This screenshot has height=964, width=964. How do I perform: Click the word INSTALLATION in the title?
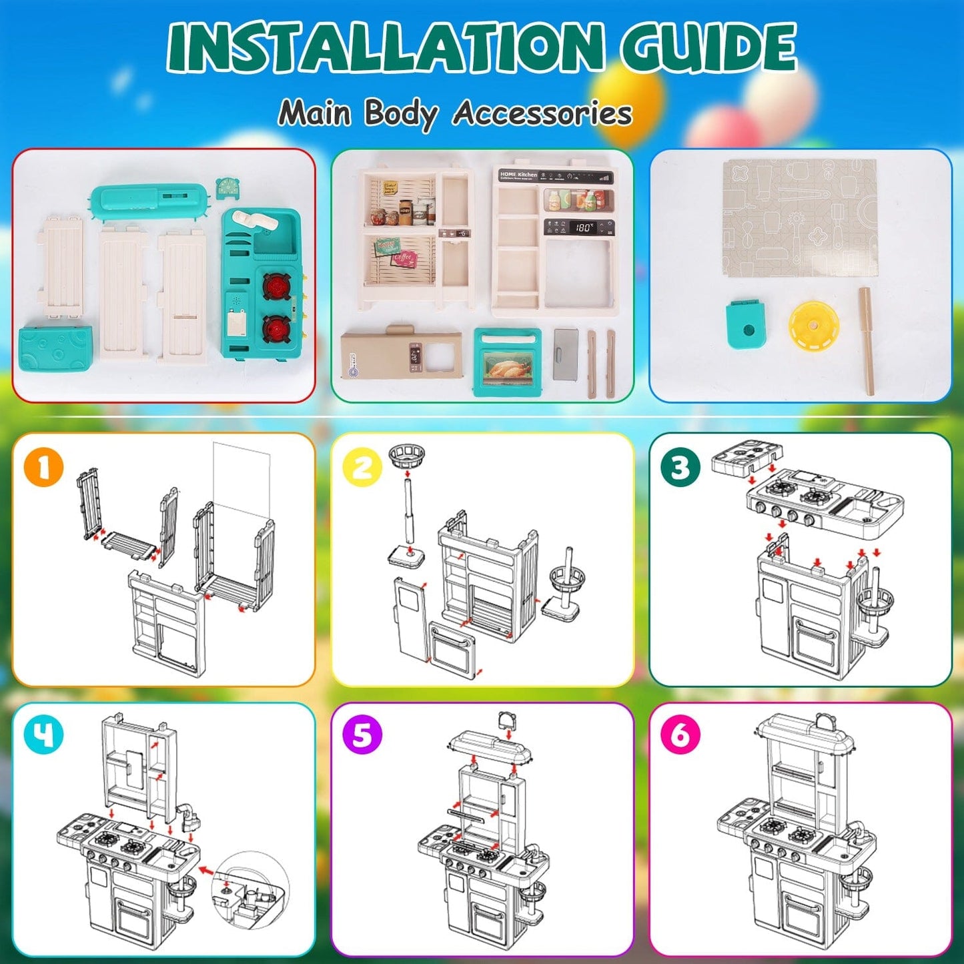point(385,48)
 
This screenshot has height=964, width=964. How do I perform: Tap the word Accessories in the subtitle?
point(542,113)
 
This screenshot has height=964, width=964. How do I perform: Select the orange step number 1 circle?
point(43,467)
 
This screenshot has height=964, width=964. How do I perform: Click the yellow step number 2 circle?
point(362,467)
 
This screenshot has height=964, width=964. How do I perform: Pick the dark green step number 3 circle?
point(680,467)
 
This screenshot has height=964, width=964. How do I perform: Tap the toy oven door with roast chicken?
point(507,363)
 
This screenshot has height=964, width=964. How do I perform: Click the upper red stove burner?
point(274,286)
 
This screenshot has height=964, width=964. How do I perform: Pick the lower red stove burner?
point(274,329)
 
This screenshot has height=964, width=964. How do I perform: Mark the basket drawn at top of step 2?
point(406,457)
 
